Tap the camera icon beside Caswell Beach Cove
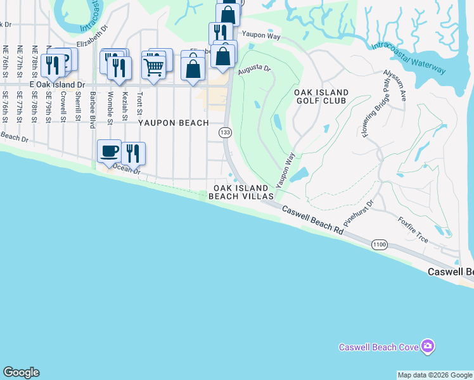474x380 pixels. click(428, 346)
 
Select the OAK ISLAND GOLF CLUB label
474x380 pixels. click(321, 96)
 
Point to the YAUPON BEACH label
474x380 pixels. click(174, 123)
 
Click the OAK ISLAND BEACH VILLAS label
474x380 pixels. click(243, 193)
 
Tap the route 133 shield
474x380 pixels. click(225, 132)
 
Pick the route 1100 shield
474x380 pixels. click(380, 244)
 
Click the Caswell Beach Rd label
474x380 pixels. click(312, 220)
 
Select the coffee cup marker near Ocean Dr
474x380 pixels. click(109, 151)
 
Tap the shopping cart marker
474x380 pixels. click(154, 65)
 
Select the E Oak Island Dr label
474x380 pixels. click(57, 84)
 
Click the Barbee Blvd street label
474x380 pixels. click(93, 108)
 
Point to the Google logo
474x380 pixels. click(21, 372)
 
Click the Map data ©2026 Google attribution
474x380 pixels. click(435, 375)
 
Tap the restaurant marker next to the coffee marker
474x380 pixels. click(132, 154)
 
